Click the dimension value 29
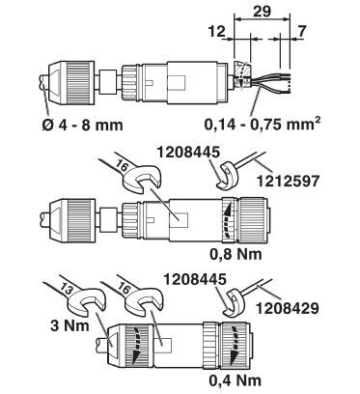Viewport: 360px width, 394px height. tap(263, 11)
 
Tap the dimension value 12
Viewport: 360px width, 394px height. tap(216, 32)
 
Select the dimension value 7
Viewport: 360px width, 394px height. tap(301, 32)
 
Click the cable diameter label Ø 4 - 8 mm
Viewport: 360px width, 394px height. tap(82, 125)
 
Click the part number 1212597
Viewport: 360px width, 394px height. tap(288, 181)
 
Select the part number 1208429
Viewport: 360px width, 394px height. tap(288, 308)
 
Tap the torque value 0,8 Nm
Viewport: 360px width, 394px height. tap(235, 254)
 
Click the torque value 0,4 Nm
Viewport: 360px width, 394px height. tap(235, 380)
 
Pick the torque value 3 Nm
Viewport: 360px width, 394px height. tap(69, 325)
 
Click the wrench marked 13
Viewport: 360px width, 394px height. tap(77, 298)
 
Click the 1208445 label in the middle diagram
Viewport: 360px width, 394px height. tap(188, 152)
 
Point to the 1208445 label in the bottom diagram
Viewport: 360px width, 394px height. tap(195, 279)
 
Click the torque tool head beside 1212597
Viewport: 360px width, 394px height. tap(228, 175)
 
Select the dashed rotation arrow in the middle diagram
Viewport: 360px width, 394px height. tap(228, 219)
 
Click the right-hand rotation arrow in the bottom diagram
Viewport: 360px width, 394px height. tap(235, 344)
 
